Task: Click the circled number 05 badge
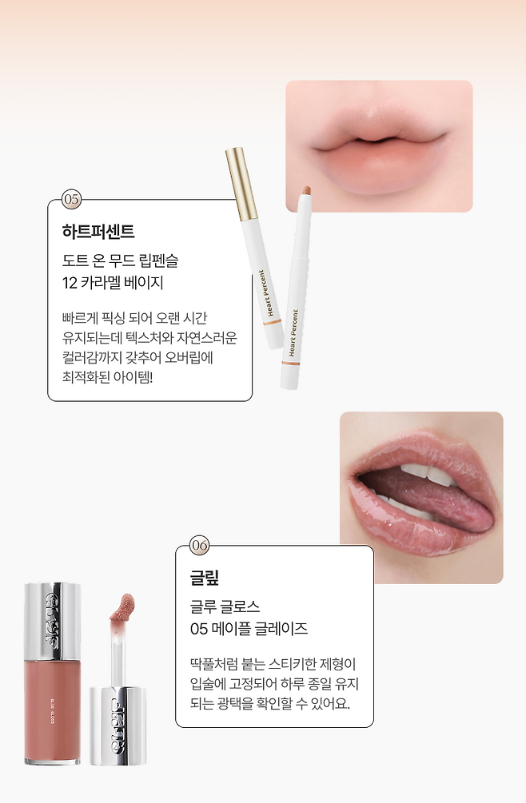point(72,199)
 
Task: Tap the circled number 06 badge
point(200,546)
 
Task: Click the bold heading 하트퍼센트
point(98,232)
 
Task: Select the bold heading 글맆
point(205,578)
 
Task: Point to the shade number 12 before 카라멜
point(70,283)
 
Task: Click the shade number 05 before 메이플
point(199,629)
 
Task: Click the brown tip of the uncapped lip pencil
point(306,191)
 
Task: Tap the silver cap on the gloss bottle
point(52,621)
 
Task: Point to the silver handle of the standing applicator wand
point(118,725)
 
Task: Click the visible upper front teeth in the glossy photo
point(429,474)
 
